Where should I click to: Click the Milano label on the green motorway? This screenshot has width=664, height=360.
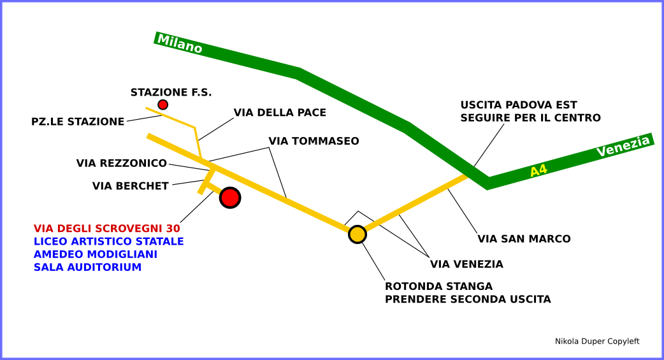[180, 44]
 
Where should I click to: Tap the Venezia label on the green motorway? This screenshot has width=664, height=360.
[623, 147]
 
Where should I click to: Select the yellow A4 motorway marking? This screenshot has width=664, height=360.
[538, 170]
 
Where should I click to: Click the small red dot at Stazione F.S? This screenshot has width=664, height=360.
[163, 104]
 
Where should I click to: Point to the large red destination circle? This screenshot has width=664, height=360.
[230, 198]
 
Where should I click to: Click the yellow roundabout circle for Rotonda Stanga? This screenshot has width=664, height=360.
[357, 234]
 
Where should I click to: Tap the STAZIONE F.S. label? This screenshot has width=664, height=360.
[171, 92]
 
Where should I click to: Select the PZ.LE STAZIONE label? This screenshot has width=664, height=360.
[78, 122]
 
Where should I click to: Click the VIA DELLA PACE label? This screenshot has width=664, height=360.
[280, 113]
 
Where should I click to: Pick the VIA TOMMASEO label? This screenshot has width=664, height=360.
[314, 141]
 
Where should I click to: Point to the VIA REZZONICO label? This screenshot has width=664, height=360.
[122, 163]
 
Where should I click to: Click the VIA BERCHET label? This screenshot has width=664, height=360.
[131, 186]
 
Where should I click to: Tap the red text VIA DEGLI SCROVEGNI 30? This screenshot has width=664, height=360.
[107, 228]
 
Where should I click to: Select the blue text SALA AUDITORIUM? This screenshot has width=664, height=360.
[87, 268]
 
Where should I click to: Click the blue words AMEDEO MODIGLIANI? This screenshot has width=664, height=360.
[96, 254]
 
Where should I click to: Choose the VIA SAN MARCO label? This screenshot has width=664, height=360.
[524, 239]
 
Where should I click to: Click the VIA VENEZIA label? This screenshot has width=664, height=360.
[466, 264]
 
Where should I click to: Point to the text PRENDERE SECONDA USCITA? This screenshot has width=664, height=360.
[468, 299]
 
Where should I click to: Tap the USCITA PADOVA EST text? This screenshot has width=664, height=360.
[519, 105]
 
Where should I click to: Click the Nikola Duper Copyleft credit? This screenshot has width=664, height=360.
[597, 342]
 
